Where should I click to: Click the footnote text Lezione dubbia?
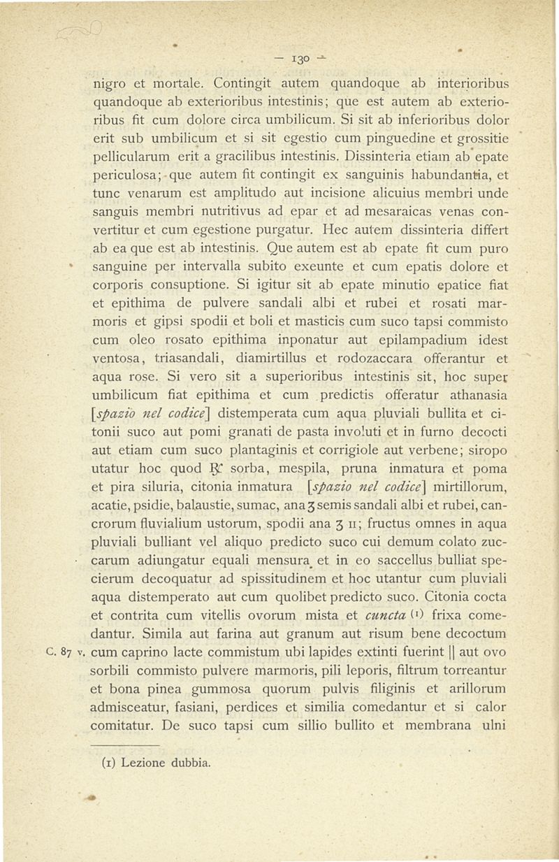(x=157, y=763)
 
